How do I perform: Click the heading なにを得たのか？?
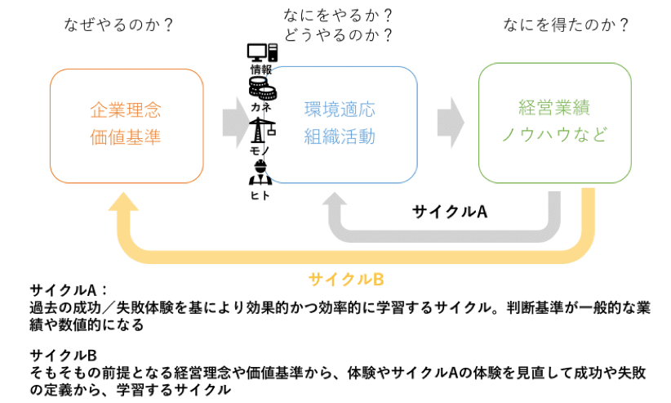click(x=562, y=25)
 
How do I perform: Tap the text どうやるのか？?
click(x=335, y=35)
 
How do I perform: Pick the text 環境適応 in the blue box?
click(x=340, y=110)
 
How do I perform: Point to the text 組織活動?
click(x=340, y=137)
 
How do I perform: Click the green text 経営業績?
click(x=554, y=107)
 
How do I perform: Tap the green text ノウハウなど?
click(x=554, y=135)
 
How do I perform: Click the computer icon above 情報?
click(x=262, y=53)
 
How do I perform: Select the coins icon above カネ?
click(x=262, y=84)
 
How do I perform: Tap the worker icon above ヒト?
click(x=261, y=173)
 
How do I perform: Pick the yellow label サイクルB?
click(x=346, y=279)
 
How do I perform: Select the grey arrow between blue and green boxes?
click(x=450, y=122)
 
